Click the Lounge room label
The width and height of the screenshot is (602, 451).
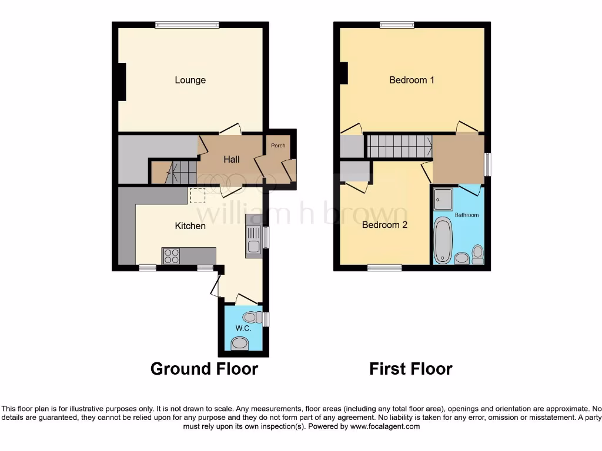tap(190, 80)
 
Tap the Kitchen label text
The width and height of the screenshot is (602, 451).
tap(190, 225)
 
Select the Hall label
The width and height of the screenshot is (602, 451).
tap(231, 159)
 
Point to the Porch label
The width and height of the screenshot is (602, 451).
tap(277, 146)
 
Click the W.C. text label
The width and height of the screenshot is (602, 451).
tap(243, 328)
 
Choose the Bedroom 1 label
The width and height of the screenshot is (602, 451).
tap(412, 80)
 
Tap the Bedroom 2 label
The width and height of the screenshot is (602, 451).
tap(384, 225)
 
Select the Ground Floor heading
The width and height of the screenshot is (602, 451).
tap(204, 369)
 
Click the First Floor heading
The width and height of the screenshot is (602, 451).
tap(410, 369)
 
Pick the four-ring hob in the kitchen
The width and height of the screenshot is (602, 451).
tap(172, 256)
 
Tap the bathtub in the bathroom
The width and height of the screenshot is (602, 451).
tap(442, 240)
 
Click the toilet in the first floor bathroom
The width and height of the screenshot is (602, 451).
tap(477, 253)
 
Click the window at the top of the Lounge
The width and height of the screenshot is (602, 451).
tap(187, 25)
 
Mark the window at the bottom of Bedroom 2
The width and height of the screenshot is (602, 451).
tap(385, 268)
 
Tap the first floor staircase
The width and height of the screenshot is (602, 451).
tap(399, 146)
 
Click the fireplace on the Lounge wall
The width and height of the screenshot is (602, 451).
tap(122, 81)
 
